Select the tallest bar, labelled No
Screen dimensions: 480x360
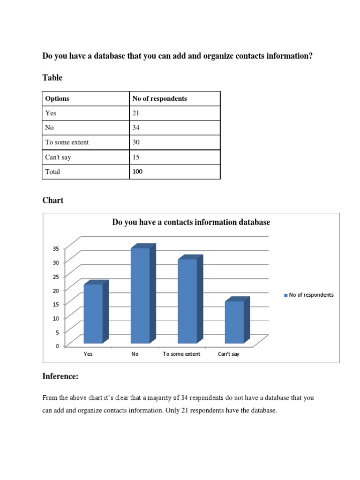click(x=140, y=295)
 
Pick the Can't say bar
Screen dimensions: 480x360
click(x=234, y=322)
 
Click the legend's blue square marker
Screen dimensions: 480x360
click(x=286, y=295)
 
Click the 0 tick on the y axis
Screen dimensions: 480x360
click(x=57, y=346)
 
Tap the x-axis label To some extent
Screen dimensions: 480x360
click(x=181, y=354)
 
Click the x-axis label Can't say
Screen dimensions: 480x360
click(x=229, y=354)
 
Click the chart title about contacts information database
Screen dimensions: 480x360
click(x=191, y=222)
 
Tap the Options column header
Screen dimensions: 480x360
click(x=57, y=98)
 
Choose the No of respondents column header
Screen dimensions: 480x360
click(x=159, y=98)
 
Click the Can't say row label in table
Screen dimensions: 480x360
click(x=58, y=157)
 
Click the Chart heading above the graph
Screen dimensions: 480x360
click(x=53, y=200)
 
